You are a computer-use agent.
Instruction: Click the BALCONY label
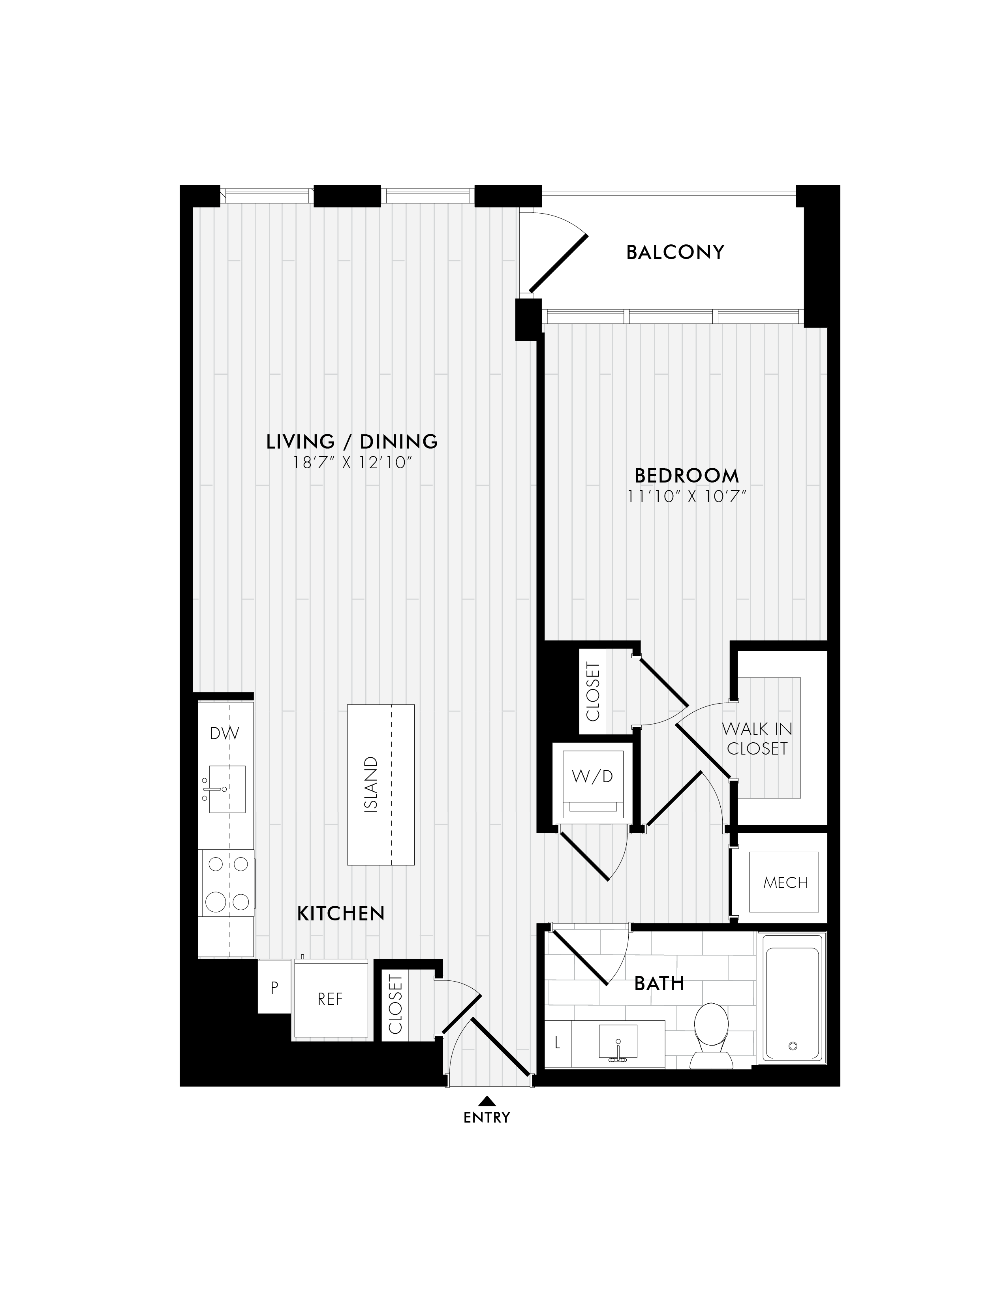pyautogui.click(x=675, y=252)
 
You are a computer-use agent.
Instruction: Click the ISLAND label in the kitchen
pyautogui.click(x=370, y=785)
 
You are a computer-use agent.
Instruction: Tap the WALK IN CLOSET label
pyautogui.click(x=757, y=739)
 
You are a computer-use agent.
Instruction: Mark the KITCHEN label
pyautogui.click(x=341, y=913)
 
